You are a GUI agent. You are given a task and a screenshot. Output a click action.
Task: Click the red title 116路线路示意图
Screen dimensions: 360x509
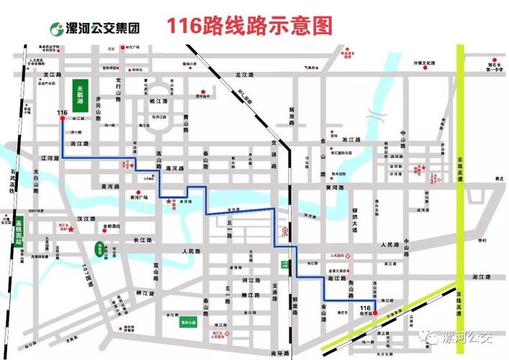pyautogui.click(x=251, y=26)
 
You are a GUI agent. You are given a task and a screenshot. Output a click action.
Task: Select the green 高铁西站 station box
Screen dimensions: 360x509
pyautogui.click(x=18, y=229)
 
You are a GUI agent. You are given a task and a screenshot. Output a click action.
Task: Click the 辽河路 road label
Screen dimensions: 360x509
pyautogui.click(x=48, y=157)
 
